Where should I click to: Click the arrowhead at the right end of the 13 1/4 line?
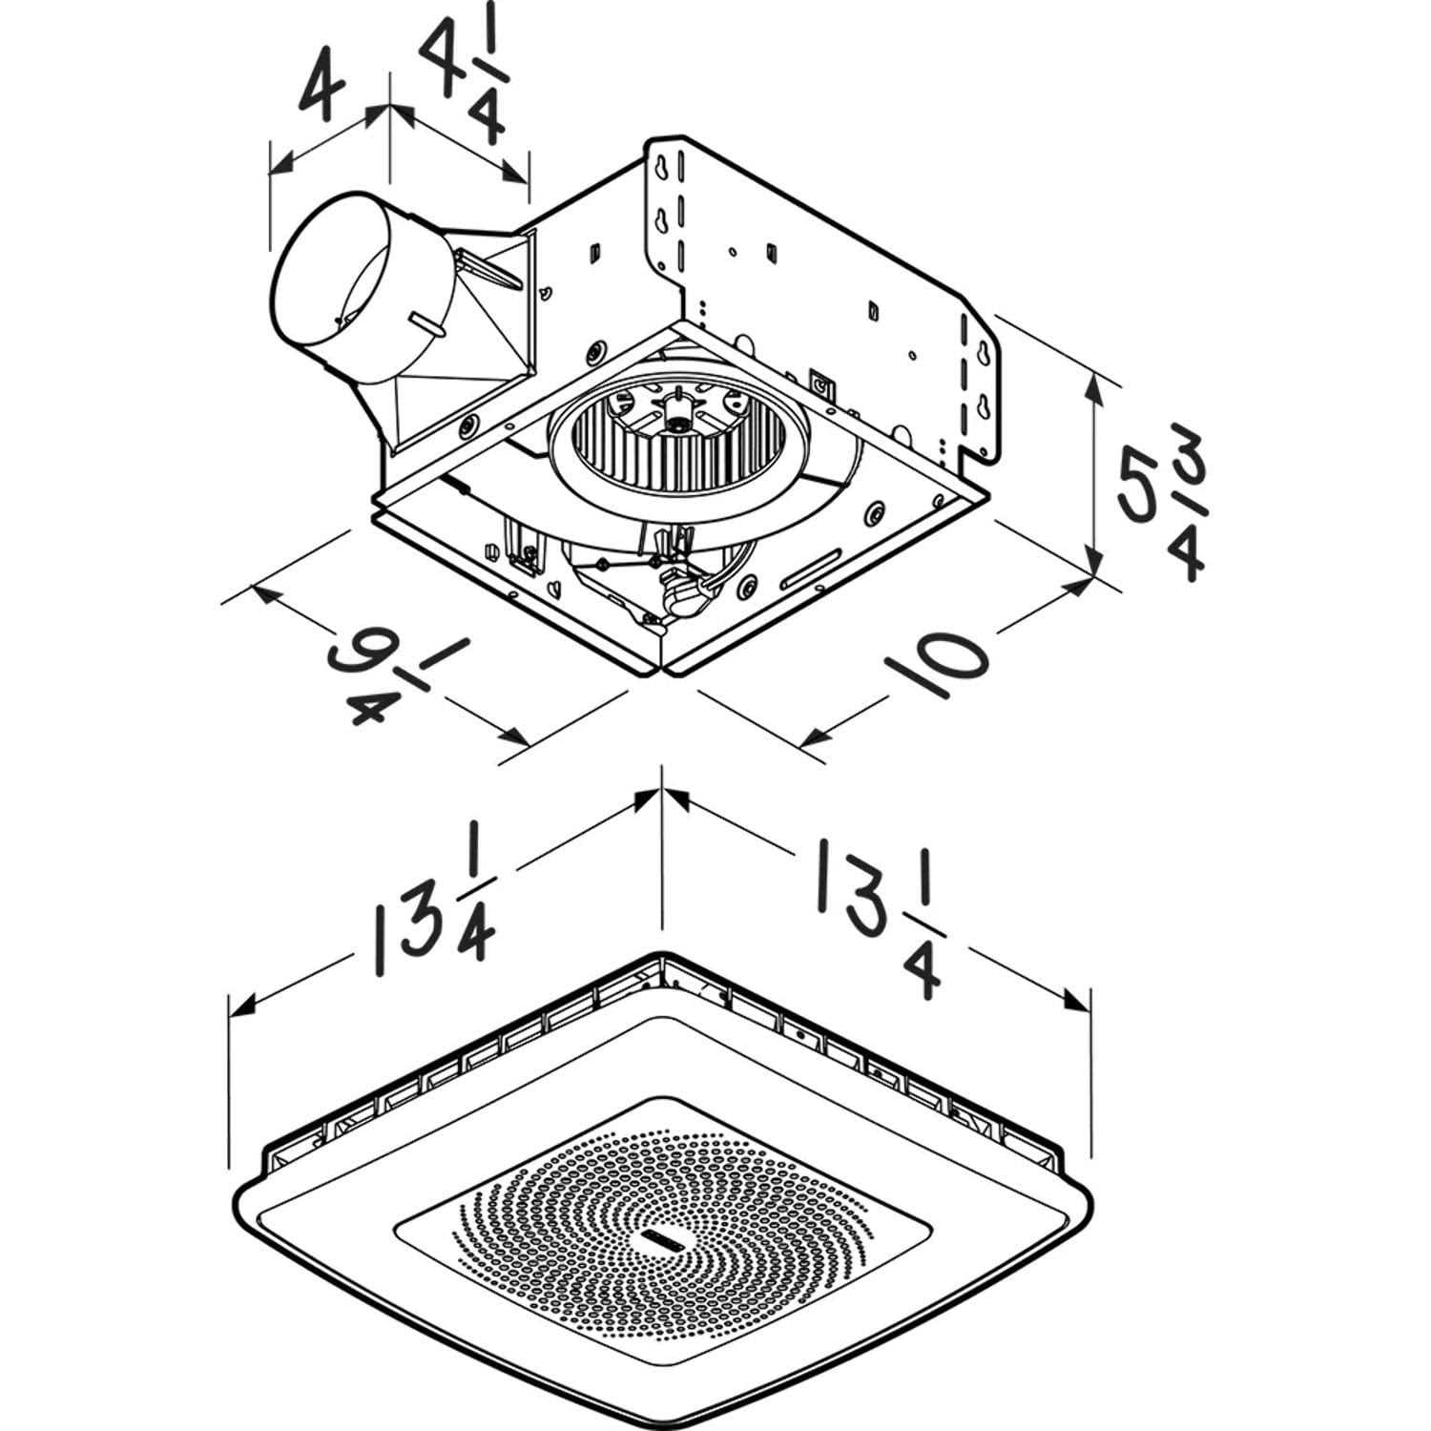pos(1077,1002)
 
